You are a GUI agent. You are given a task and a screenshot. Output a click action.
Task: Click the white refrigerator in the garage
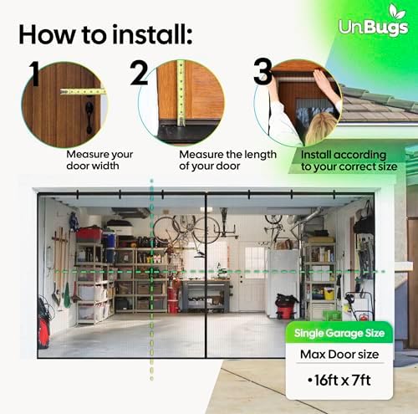click(x=282, y=279)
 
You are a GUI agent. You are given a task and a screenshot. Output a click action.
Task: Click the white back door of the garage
click(x=251, y=275)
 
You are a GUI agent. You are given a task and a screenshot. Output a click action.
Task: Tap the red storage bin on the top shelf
click(x=89, y=233)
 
